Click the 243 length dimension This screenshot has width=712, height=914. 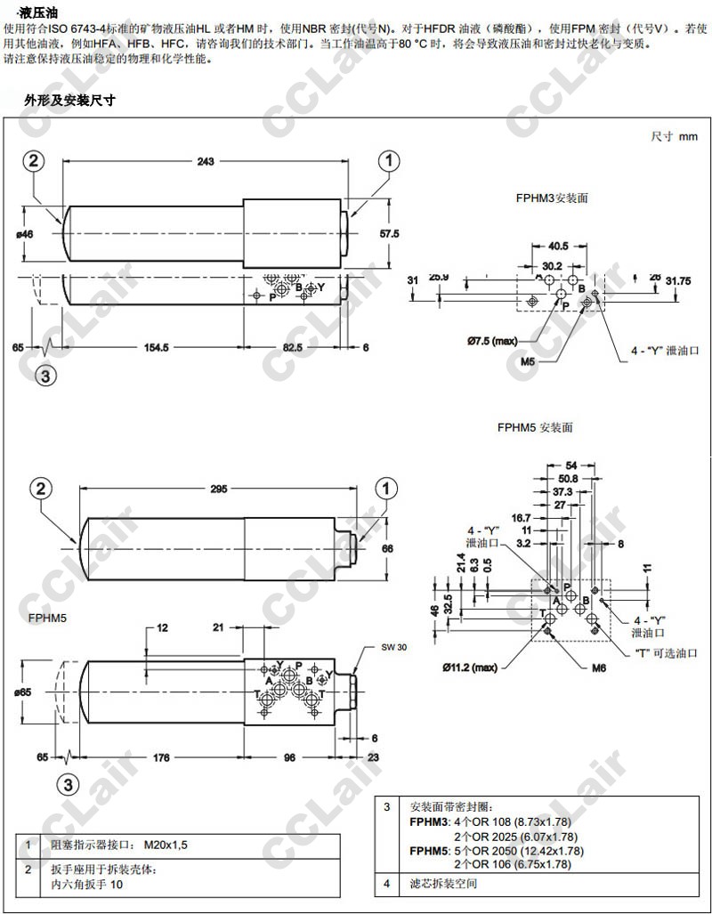click(206, 161)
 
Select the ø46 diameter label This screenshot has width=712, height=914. click(24, 234)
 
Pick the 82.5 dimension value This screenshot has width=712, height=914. click(293, 347)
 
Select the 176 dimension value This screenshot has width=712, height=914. click(161, 757)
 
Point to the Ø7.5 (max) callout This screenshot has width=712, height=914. click(492, 340)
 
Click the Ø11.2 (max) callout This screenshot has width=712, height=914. click(472, 667)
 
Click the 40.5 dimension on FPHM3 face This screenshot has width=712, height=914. click(558, 247)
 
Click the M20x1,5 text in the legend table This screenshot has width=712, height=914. click(167, 845)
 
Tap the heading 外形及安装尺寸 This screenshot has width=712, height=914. click(71, 101)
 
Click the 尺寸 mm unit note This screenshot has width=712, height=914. click(675, 136)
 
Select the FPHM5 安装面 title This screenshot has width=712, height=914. click(535, 427)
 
